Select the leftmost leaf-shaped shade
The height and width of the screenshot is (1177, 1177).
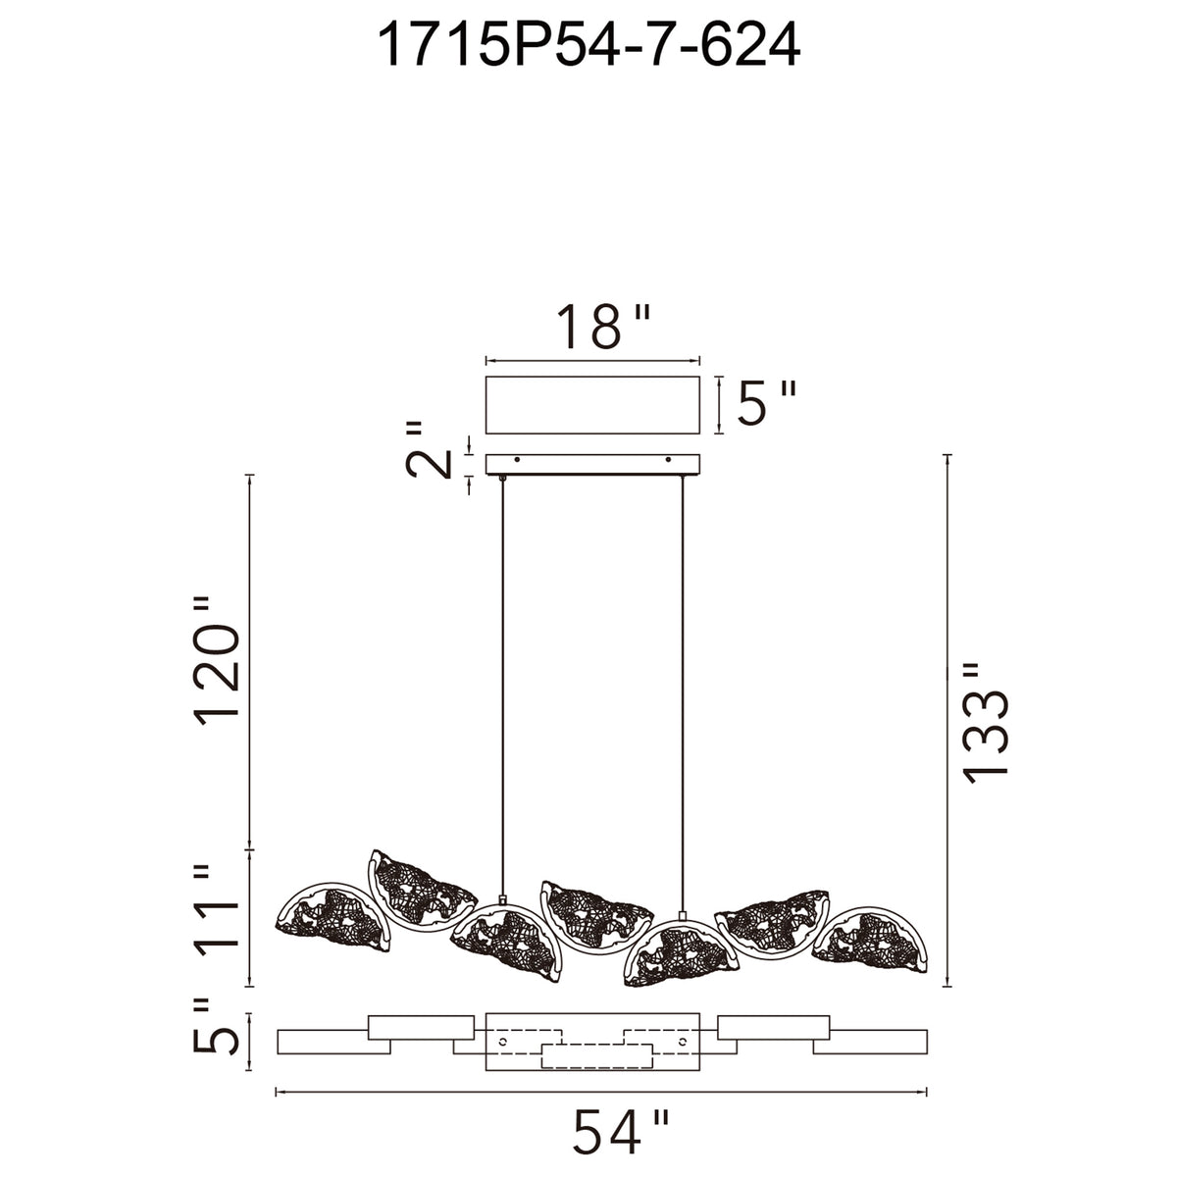[333, 928]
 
